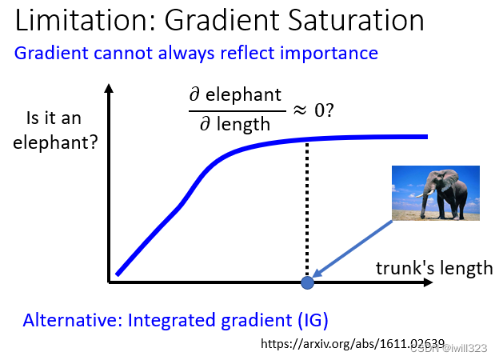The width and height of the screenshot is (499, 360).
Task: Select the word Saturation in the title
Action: coord(356,20)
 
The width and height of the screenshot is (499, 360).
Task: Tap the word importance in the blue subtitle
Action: coord(329,54)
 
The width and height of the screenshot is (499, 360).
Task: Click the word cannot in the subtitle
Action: coord(122,53)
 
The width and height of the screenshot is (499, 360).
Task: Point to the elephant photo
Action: coord(436,193)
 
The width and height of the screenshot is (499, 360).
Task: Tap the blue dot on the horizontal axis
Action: coord(307,282)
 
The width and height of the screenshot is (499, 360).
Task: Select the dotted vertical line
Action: coord(307,209)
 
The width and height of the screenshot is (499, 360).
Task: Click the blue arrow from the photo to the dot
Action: coord(353,249)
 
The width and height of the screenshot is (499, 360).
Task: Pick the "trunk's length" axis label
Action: coord(434,268)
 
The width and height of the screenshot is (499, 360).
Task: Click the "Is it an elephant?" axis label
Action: coord(55,130)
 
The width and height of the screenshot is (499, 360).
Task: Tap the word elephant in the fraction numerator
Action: coord(243,95)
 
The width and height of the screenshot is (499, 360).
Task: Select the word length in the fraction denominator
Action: coord(243,124)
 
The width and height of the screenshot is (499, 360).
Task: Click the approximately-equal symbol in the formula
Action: coord(300,110)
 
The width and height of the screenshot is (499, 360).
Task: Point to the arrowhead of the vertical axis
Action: coord(109,89)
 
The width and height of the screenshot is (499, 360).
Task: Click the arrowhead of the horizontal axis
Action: coord(429,282)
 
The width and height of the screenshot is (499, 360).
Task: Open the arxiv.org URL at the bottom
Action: coord(353,344)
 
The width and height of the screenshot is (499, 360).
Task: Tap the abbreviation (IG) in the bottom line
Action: coord(313,320)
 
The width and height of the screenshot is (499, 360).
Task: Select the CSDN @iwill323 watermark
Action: coord(449,348)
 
